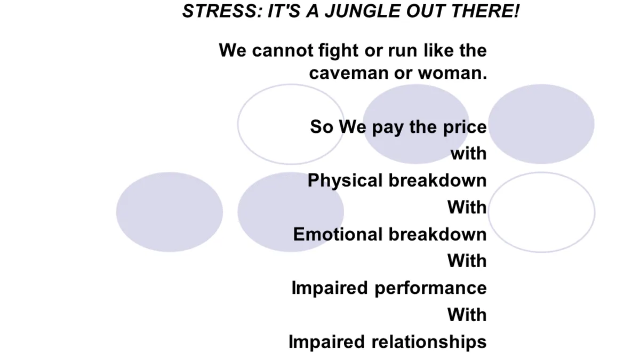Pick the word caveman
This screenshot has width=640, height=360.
pyautogui.click(x=349, y=73)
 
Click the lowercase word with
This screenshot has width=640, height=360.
pyautogui.click(x=469, y=154)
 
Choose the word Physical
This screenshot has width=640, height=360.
pyautogui.click(x=345, y=181)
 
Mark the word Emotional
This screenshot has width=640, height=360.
pyautogui.click(x=338, y=234)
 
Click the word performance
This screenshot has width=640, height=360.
pyautogui.click(x=430, y=289)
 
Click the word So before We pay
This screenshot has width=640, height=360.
pyautogui.click(x=322, y=126)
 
